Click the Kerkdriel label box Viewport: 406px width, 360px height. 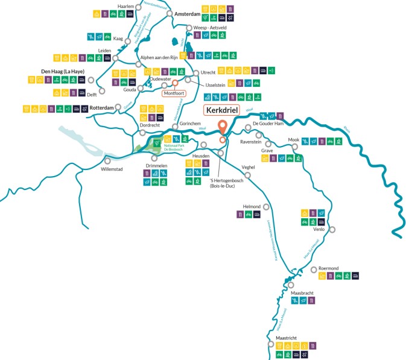click(x=222, y=110)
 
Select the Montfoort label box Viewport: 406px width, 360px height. click(x=174, y=93)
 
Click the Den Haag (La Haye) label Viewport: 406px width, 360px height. click(x=62, y=71)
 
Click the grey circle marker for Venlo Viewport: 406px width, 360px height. click(x=331, y=229)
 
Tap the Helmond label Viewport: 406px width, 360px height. click(x=251, y=206)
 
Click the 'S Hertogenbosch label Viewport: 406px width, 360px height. click(x=226, y=182)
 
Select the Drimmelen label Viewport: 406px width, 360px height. click(x=156, y=165)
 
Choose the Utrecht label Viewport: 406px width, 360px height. click(x=208, y=72)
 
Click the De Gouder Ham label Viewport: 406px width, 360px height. click(x=267, y=123)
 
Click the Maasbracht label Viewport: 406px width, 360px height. click(x=303, y=293)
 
